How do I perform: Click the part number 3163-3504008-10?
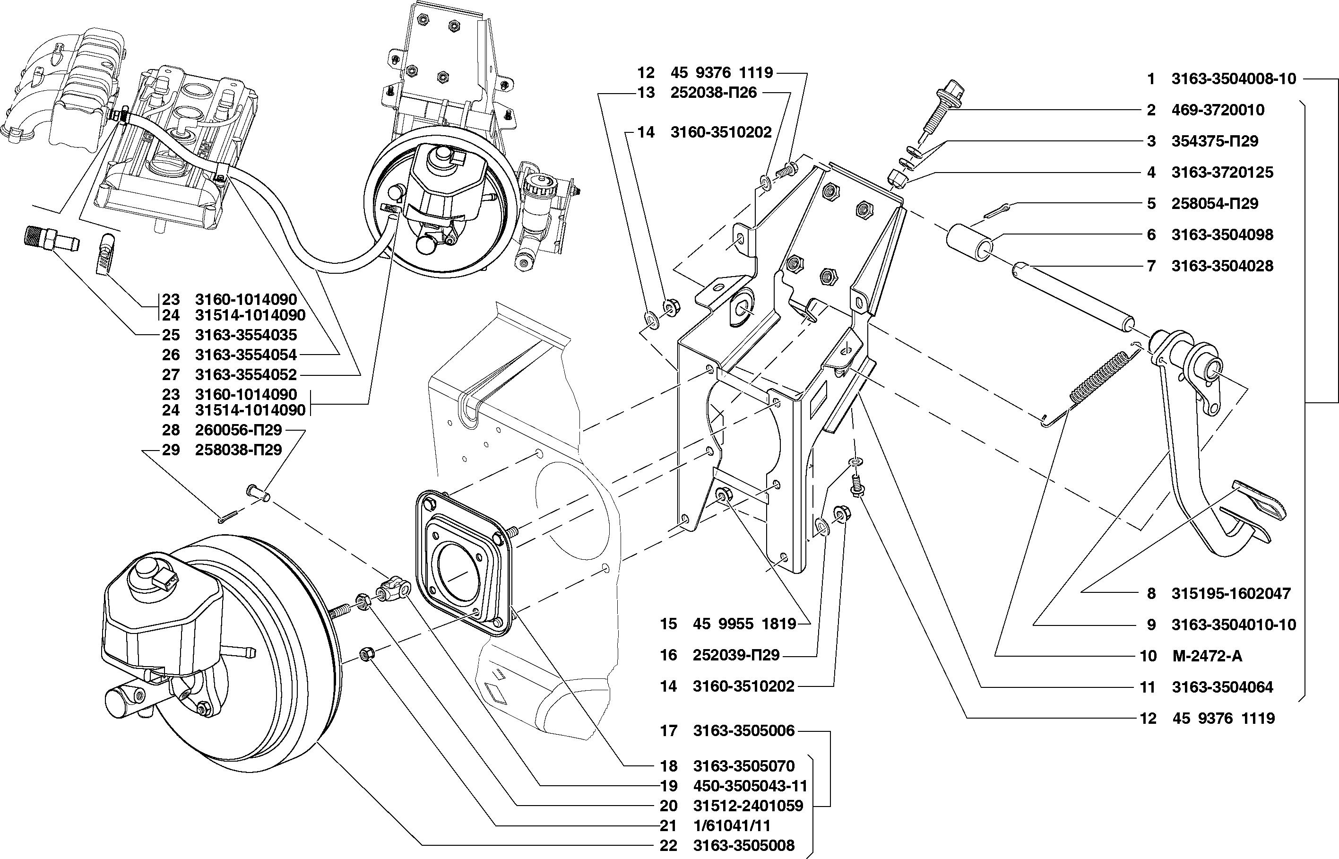1234,79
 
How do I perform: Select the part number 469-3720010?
1217,111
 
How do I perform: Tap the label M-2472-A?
1208,656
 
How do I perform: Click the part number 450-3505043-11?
750,786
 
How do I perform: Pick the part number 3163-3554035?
246,335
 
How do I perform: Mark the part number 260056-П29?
239,430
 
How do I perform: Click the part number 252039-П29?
736,655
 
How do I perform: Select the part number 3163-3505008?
743,846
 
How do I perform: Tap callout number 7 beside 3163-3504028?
1152,266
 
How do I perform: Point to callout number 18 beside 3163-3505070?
668,766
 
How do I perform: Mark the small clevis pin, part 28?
258,492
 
